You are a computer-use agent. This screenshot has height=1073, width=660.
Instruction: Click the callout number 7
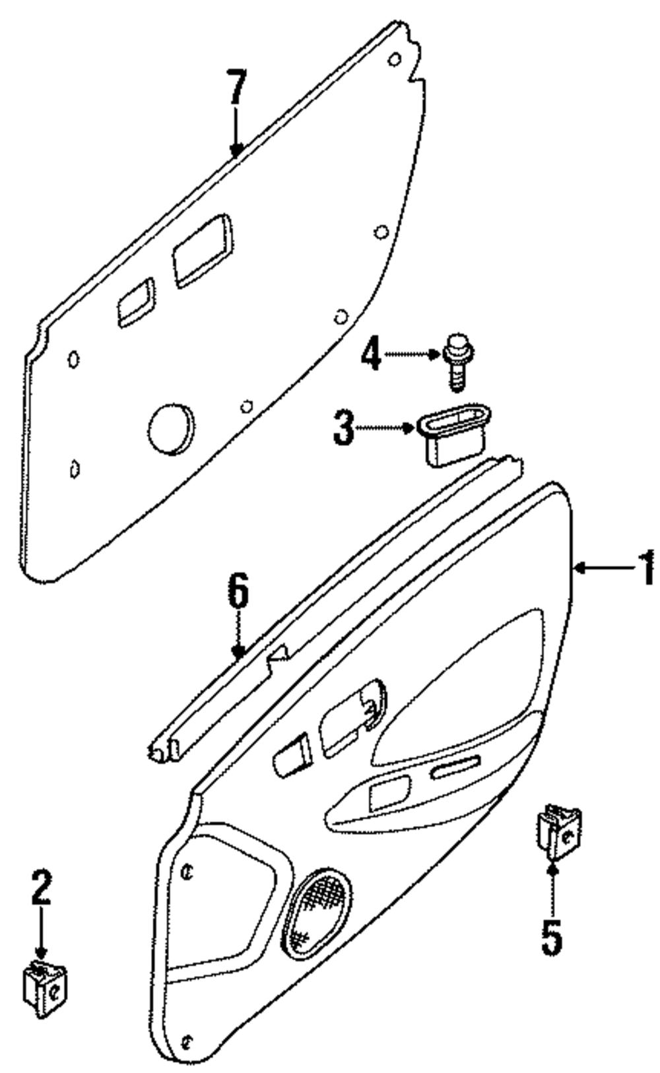(236, 88)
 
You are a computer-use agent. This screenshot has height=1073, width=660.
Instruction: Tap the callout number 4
(371, 355)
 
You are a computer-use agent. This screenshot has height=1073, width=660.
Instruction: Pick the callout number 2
(41, 889)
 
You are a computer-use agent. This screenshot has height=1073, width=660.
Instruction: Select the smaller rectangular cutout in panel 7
(136, 302)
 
